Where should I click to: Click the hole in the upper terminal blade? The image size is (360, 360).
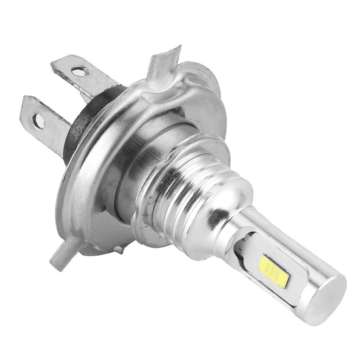tap(79, 72)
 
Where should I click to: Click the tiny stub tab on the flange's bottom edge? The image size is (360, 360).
tap(120, 249)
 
